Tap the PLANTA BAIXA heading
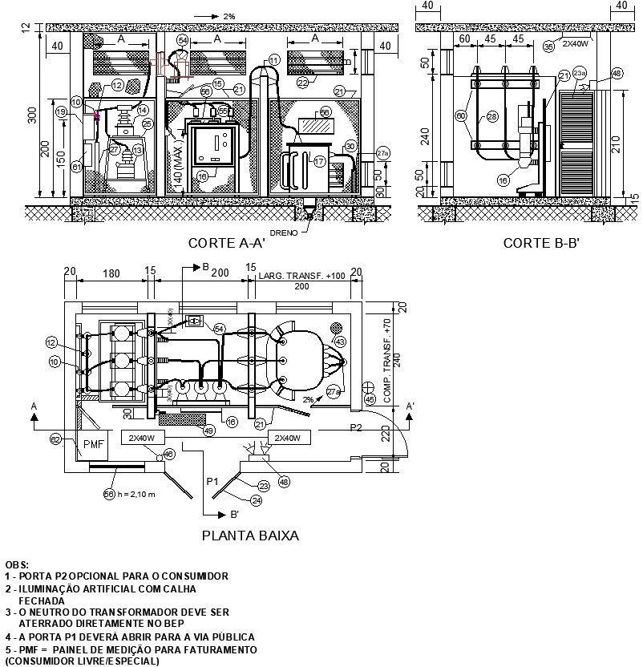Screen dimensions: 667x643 tap(249, 536)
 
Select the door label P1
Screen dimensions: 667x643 tap(212, 482)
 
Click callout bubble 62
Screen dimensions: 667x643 tap(56, 439)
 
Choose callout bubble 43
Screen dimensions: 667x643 tap(340, 342)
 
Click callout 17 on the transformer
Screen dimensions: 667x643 tap(319, 161)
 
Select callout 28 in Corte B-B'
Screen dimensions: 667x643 tap(491, 117)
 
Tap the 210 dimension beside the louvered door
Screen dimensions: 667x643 tap(616, 145)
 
